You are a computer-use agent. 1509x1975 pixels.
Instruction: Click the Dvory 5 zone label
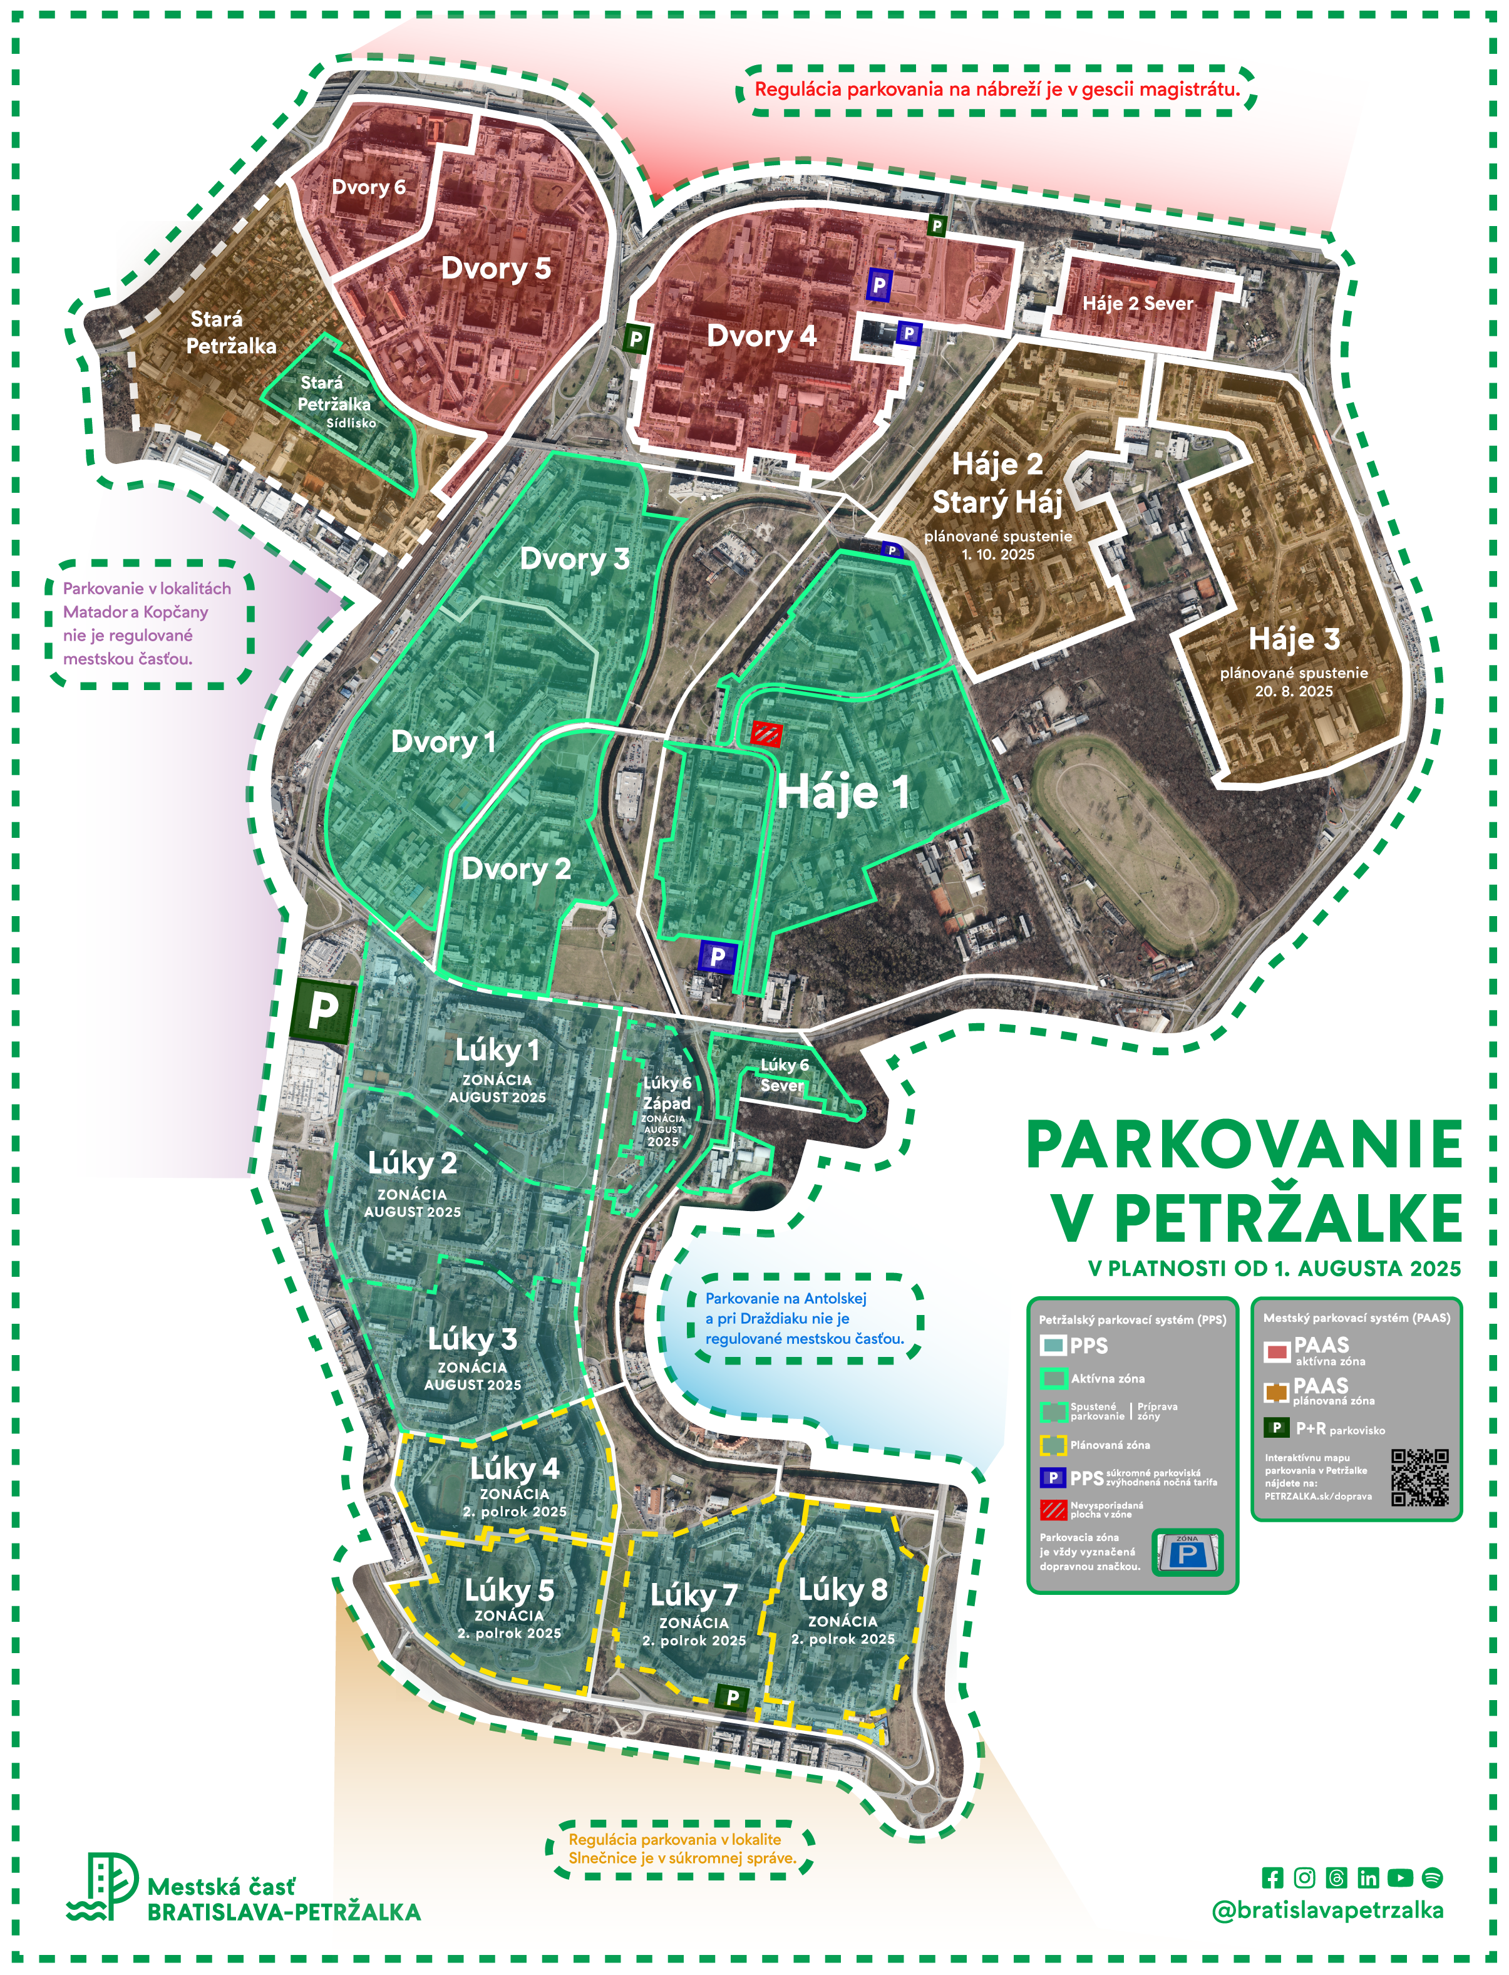click(x=496, y=269)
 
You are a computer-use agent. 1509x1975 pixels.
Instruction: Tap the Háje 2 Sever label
click(x=1137, y=304)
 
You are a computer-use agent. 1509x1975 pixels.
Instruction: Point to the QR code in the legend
click(x=1419, y=1477)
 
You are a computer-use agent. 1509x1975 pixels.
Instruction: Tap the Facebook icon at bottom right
click(x=1272, y=1877)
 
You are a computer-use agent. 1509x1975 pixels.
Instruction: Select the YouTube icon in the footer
click(x=1399, y=1877)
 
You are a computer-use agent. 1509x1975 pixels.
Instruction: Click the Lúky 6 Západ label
click(x=666, y=1094)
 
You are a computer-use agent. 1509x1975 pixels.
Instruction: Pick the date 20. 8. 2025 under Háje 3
click(x=1294, y=691)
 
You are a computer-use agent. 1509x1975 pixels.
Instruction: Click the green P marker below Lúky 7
click(x=732, y=1698)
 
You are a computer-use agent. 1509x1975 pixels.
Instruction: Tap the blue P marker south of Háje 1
click(x=717, y=957)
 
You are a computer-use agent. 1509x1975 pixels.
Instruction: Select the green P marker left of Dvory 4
click(x=636, y=339)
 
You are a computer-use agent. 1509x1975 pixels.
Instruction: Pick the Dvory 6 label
click(x=368, y=187)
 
